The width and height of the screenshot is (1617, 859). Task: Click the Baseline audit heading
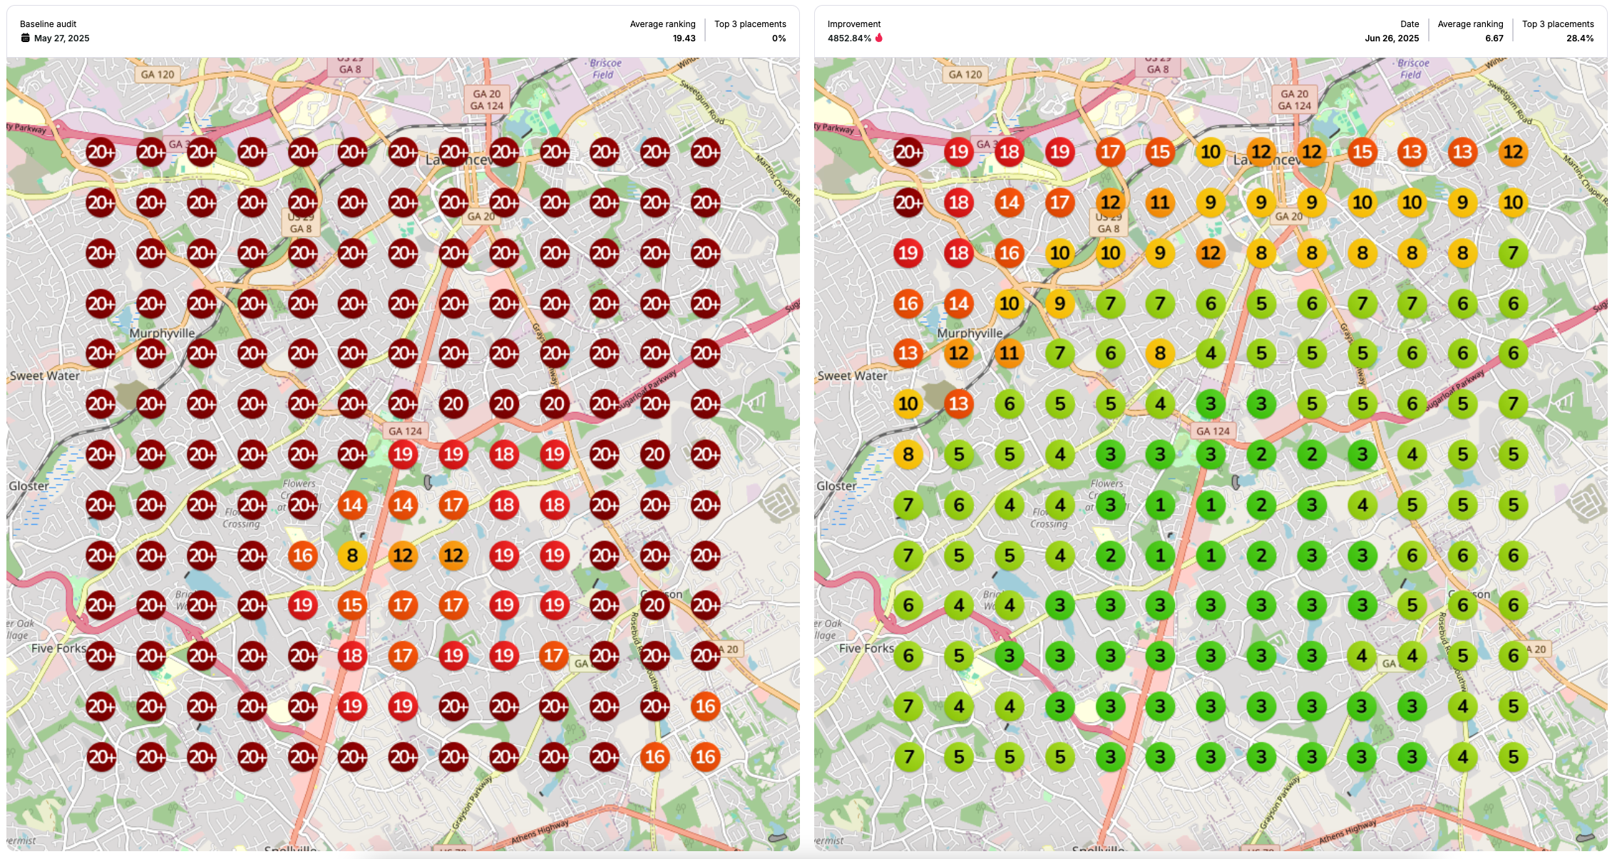pos(48,24)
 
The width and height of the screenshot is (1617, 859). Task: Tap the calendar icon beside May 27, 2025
pos(26,38)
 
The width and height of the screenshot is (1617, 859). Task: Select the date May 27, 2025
pos(62,38)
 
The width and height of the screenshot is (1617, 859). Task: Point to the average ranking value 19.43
pos(684,38)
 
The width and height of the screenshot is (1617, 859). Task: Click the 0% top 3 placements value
pos(779,38)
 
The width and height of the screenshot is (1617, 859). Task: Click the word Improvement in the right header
pos(853,24)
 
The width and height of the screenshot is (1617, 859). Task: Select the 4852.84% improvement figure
pos(848,38)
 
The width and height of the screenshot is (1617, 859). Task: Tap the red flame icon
pos(879,38)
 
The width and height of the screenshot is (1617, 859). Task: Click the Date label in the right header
pos(1409,24)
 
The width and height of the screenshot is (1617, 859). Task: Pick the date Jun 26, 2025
pos(1392,38)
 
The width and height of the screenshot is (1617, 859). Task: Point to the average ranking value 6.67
pos(1494,38)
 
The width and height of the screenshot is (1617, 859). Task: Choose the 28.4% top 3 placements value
pos(1579,38)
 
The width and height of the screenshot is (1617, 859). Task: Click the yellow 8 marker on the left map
pos(352,555)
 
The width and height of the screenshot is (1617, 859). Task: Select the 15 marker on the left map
pos(352,605)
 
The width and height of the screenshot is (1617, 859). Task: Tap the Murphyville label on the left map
pos(162,333)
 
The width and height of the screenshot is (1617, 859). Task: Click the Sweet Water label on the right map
pos(852,376)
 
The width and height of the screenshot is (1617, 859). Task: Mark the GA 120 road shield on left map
pos(157,74)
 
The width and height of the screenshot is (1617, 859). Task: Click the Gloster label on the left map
pos(29,485)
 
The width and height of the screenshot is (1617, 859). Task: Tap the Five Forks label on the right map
pos(866,648)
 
